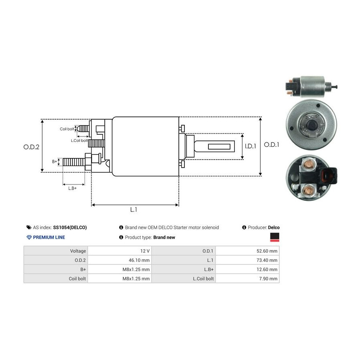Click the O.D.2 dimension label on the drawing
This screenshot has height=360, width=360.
coord(31,147)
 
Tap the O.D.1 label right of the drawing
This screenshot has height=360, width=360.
coord(272,145)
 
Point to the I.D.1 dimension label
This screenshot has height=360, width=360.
coord(250,146)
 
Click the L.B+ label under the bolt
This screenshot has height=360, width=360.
coord(72,188)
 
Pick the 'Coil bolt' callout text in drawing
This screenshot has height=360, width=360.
coord(67,129)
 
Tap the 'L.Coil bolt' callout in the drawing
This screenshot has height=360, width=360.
coord(79,140)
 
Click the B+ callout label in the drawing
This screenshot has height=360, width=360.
coord(55,162)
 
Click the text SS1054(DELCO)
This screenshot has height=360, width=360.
coord(70,228)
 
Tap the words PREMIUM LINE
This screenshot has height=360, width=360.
coord(49,237)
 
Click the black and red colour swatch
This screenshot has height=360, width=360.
coord(275,237)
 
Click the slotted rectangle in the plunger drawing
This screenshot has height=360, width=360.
coord(221,147)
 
